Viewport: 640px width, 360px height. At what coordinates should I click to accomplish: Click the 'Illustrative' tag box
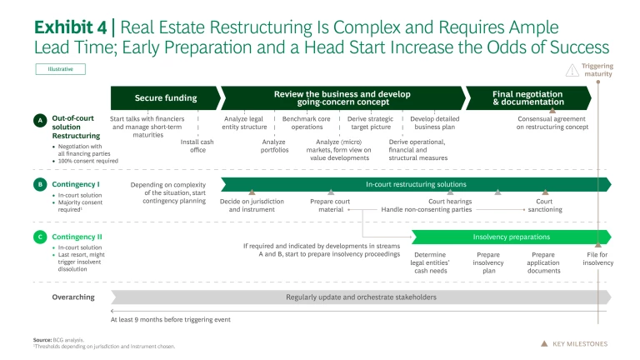point(60,70)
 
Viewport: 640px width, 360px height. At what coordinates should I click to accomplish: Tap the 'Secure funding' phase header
point(165,97)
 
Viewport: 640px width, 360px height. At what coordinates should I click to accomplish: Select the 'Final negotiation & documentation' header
point(527,97)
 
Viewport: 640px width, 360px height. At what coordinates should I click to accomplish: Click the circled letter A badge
point(39,121)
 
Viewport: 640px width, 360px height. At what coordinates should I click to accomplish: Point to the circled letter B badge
point(39,184)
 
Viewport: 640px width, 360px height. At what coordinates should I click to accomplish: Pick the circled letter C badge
point(39,237)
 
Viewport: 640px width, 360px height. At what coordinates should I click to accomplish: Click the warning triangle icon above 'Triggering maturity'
point(571,70)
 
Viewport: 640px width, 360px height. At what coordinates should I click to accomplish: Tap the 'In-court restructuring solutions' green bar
point(416,184)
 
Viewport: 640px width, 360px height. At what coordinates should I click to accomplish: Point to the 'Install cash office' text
point(197,146)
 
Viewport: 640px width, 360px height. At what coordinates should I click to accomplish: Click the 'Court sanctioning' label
point(544,205)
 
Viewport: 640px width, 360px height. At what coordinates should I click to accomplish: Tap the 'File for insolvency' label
point(597,258)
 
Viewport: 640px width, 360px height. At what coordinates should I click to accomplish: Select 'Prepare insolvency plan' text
point(488,262)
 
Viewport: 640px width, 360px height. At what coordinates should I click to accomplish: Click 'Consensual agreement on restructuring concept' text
point(552,122)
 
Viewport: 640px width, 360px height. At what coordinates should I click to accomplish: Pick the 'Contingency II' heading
point(76,237)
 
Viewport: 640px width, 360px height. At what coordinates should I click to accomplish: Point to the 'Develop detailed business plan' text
point(436,122)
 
